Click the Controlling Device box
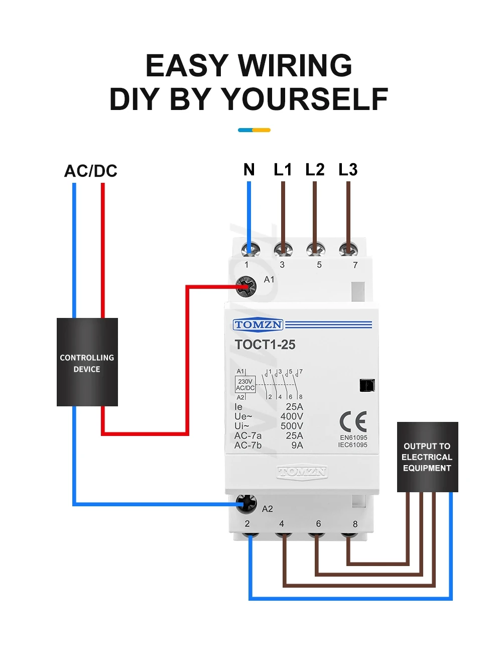(87, 362)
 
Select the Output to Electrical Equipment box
(427, 457)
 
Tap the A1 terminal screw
(246, 287)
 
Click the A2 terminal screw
(246, 503)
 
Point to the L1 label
(283, 170)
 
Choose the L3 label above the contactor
(348, 170)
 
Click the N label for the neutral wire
(249, 170)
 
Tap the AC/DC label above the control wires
(91, 171)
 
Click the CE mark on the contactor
(353, 421)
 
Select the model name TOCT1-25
(265, 345)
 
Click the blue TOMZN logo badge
(258, 325)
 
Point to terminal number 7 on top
(355, 265)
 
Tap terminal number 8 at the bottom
(355, 524)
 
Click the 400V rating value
(292, 416)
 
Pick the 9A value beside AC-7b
(297, 446)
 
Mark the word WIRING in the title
(295, 66)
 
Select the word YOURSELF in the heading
(305, 99)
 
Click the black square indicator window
(367, 385)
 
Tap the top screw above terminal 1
(249, 249)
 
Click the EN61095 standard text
(353, 437)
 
